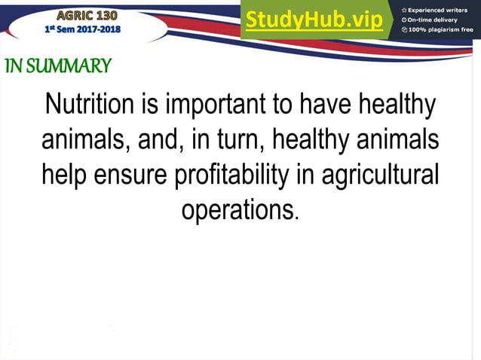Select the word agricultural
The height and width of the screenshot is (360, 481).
[x=380, y=175]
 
